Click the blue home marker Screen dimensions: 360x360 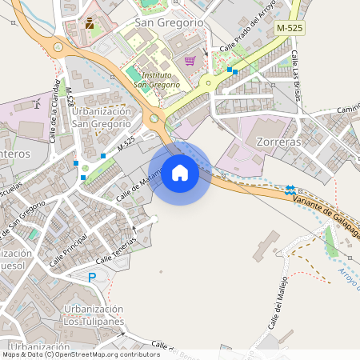click(x=180, y=172)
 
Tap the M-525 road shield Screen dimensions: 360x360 click(x=289, y=28)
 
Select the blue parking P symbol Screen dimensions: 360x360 click(x=92, y=277)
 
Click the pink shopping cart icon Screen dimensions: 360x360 click(x=190, y=60)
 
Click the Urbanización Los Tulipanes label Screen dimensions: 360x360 click(x=94, y=315)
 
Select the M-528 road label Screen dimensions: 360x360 click(x=70, y=97)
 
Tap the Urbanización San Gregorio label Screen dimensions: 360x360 click(x=102, y=117)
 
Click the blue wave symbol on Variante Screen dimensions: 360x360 click(x=290, y=190)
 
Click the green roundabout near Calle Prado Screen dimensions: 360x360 click(x=208, y=81)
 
